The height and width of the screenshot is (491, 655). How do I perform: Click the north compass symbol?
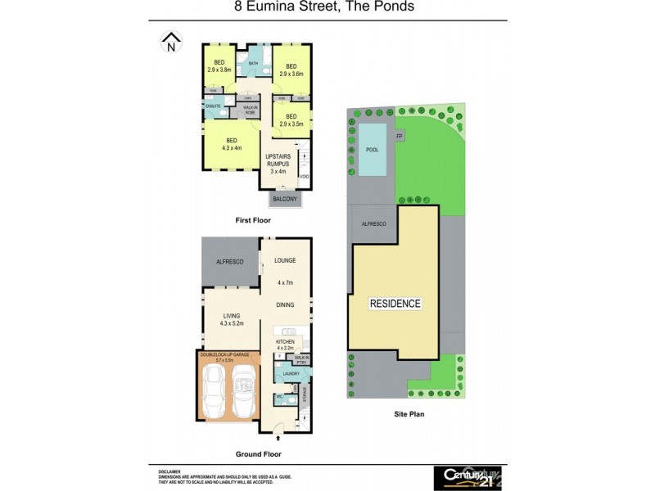(x=171, y=42)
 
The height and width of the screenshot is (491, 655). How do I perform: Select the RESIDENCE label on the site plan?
(x=395, y=304)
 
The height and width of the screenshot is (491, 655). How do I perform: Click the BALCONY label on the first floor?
(x=286, y=199)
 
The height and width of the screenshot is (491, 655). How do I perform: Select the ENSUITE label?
(x=212, y=107)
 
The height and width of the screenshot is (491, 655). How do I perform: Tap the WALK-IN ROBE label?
(x=248, y=109)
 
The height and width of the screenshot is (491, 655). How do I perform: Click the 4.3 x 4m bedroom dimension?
(x=232, y=148)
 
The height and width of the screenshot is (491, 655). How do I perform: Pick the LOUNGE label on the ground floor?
(x=286, y=260)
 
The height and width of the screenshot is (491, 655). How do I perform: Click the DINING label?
(x=285, y=304)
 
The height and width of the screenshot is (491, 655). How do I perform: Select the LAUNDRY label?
(x=291, y=374)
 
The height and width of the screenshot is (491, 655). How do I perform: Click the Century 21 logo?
(x=467, y=477)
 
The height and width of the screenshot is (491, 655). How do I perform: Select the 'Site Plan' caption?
(x=407, y=415)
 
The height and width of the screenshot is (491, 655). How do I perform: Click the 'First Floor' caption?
(x=253, y=220)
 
